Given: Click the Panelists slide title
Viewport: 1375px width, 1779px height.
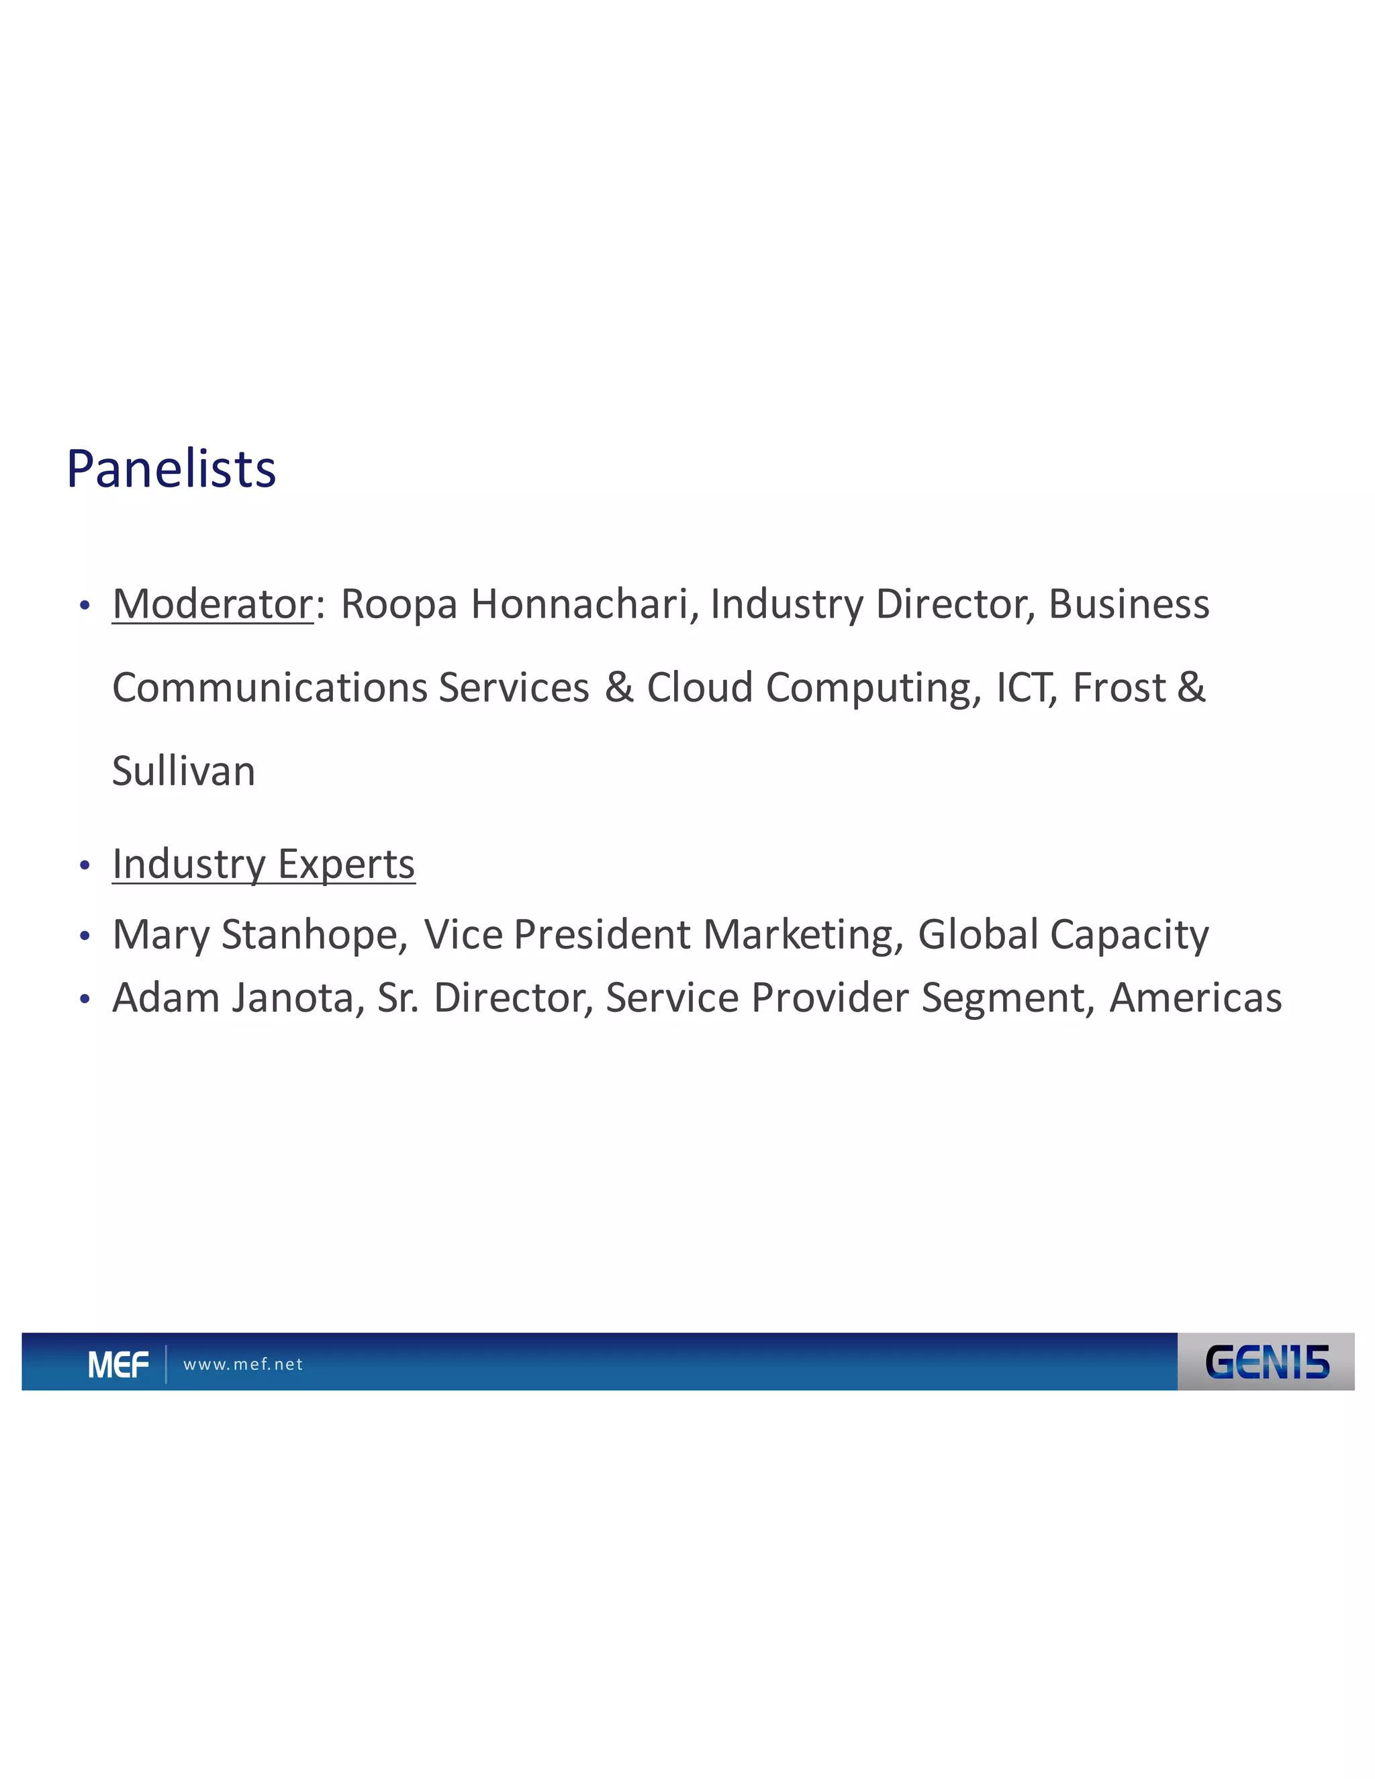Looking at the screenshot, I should pyautogui.click(x=171, y=469).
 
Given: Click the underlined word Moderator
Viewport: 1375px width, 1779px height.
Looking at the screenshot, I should pyautogui.click(x=213, y=604).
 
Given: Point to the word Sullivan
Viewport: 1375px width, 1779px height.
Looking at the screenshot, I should pyautogui.click(x=183, y=771).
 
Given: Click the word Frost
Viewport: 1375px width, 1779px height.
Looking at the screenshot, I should pyautogui.click(x=1119, y=687).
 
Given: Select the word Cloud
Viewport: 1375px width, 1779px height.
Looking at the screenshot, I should pyautogui.click(x=699, y=687).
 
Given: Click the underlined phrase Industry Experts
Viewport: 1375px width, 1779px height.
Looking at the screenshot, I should pyautogui.click(x=263, y=864).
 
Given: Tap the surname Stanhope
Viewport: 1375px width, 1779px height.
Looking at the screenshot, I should pyautogui.click(x=314, y=934).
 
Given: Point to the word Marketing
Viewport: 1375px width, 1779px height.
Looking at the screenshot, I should pyautogui.click(x=802, y=934).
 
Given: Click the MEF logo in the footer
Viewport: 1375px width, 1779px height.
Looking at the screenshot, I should pyautogui.click(x=118, y=1364).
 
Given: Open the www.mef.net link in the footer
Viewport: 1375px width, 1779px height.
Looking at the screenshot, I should pyautogui.click(x=243, y=1364).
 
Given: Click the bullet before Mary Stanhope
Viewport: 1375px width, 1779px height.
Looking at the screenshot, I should pyautogui.click(x=85, y=936).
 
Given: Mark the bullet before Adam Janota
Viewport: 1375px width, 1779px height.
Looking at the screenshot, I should pyautogui.click(x=85, y=1000).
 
